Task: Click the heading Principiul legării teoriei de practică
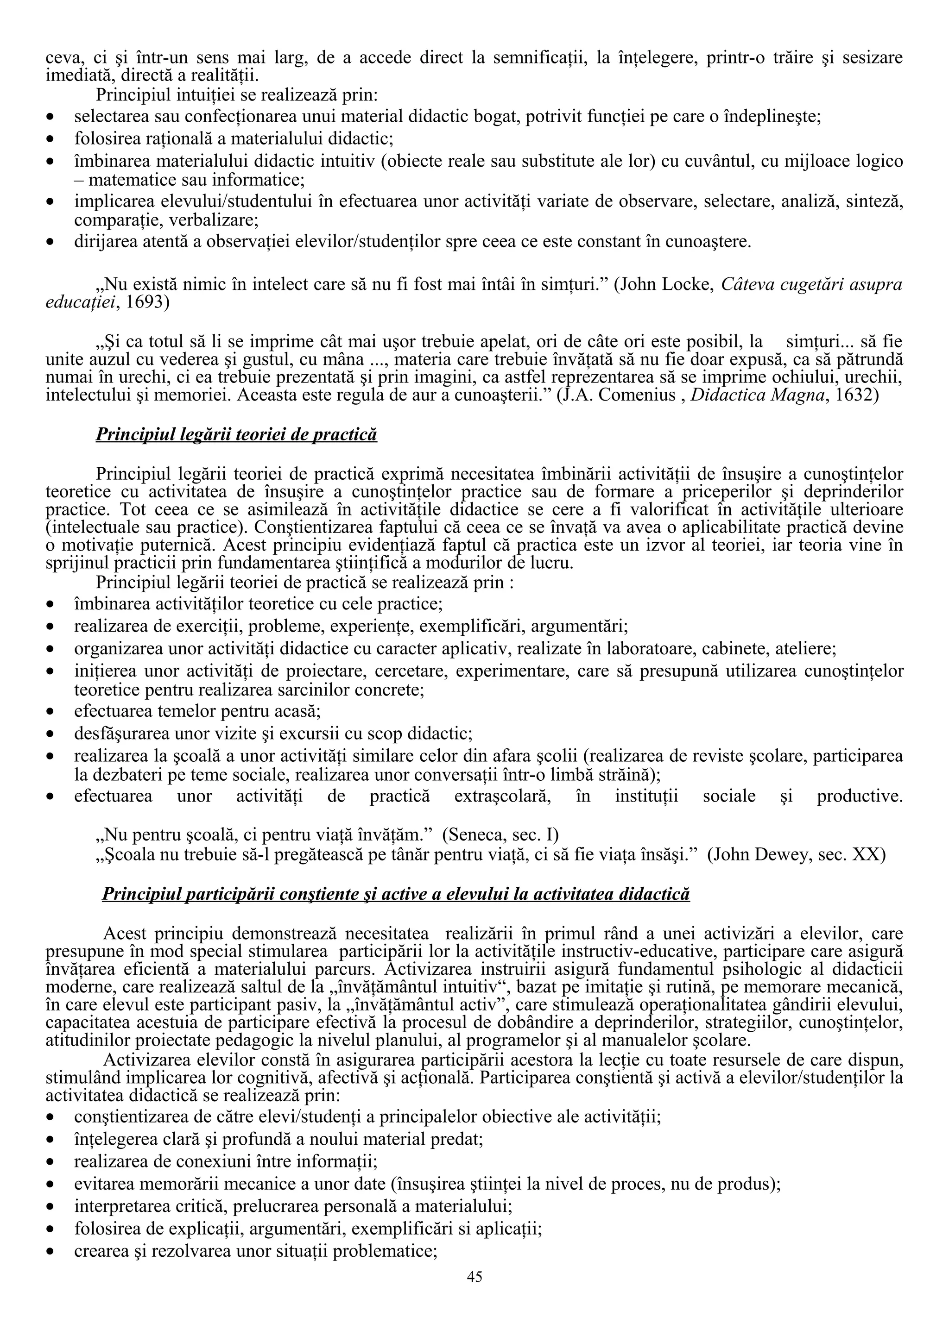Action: [x=236, y=435]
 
